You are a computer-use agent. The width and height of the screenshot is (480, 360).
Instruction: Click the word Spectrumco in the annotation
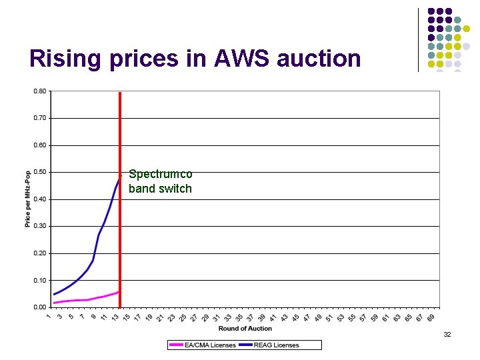point(160,174)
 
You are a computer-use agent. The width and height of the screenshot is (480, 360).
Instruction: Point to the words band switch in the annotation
point(160,189)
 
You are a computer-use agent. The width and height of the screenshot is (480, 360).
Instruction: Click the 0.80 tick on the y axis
point(39,91)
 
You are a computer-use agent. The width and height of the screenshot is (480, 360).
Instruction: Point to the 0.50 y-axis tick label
point(39,172)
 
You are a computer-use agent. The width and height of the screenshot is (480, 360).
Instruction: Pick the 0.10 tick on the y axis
point(39,281)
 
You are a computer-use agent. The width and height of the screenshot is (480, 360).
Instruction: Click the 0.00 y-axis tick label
point(39,307)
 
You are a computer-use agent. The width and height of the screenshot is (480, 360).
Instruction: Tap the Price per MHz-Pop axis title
point(28,199)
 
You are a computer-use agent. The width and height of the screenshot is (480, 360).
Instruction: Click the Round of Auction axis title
point(245,328)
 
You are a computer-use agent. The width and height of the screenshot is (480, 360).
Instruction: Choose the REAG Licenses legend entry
point(275,345)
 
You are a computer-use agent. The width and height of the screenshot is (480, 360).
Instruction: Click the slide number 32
point(447,334)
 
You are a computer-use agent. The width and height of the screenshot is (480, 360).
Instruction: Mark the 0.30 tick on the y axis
point(39,226)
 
